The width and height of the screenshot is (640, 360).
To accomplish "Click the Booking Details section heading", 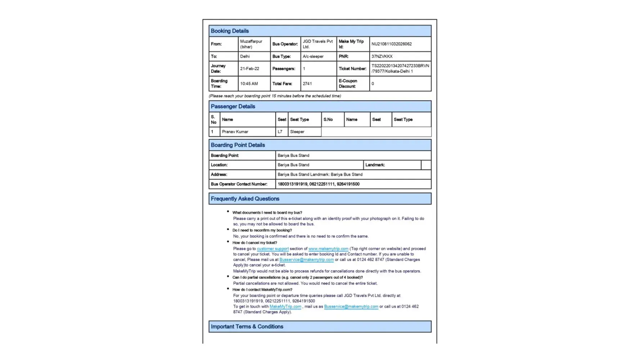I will [x=230, y=31].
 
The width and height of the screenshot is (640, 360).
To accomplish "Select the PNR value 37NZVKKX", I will [x=382, y=57].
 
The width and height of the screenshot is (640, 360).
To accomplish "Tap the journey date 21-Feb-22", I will [x=249, y=69].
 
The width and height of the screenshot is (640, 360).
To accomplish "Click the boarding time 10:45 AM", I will [x=249, y=84].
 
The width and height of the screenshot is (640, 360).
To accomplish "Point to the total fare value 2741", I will [x=307, y=84].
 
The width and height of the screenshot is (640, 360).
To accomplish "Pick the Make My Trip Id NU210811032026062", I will [x=391, y=44].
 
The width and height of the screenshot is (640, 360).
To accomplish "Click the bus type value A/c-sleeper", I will [x=313, y=57].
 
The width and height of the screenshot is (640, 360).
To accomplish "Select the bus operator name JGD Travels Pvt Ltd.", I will [x=317, y=44].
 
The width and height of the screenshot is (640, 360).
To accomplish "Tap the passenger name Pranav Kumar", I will [x=235, y=132].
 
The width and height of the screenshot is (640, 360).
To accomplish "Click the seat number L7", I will [x=280, y=132].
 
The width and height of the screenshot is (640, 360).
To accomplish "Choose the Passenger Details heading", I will [x=233, y=107].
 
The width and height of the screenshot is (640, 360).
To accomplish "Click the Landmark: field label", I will [x=375, y=165].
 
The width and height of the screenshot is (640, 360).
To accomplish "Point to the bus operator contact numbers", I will [x=318, y=184].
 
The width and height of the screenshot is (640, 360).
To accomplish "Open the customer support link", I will [x=272, y=249].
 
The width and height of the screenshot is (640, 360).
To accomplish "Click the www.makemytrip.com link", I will [x=328, y=249].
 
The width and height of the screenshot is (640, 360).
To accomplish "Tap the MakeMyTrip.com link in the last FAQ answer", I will [x=285, y=307].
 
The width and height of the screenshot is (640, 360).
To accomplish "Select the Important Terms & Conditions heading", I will [x=247, y=327].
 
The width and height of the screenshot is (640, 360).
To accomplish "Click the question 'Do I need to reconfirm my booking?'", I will [x=262, y=230].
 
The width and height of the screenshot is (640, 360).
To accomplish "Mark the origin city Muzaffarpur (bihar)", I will [x=251, y=44].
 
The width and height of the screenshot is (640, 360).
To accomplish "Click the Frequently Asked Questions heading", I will [x=245, y=199].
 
